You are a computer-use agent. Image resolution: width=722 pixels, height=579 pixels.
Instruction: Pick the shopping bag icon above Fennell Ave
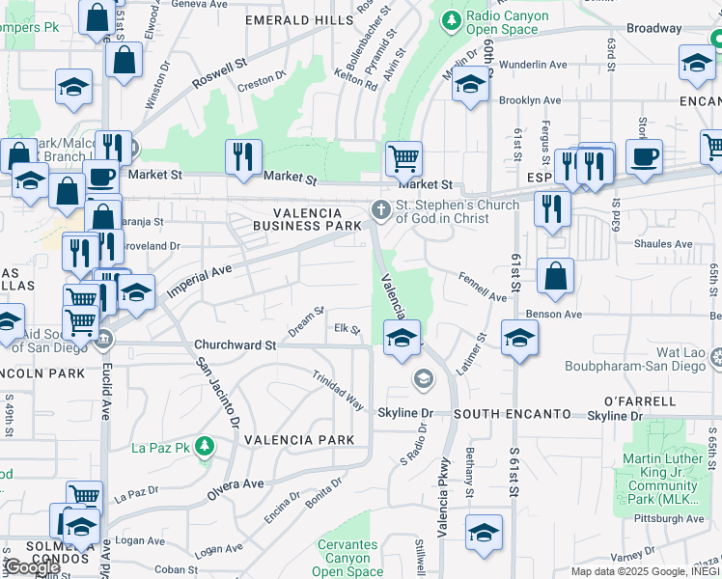[x=555, y=276]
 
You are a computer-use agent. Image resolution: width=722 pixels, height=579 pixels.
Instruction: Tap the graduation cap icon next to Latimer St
[x=519, y=339]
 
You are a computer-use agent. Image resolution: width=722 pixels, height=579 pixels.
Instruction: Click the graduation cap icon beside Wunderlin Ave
[x=470, y=86]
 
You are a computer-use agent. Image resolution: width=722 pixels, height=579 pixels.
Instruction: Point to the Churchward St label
[x=235, y=344]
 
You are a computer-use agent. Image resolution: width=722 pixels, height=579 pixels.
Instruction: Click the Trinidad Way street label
[x=337, y=389]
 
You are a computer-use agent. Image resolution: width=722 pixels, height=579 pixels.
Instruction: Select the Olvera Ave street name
[x=236, y=483]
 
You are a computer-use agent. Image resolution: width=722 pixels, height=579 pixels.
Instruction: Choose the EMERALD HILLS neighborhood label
[x=299, y=19]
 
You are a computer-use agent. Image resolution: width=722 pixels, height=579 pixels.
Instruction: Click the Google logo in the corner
[x=31, y=566]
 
